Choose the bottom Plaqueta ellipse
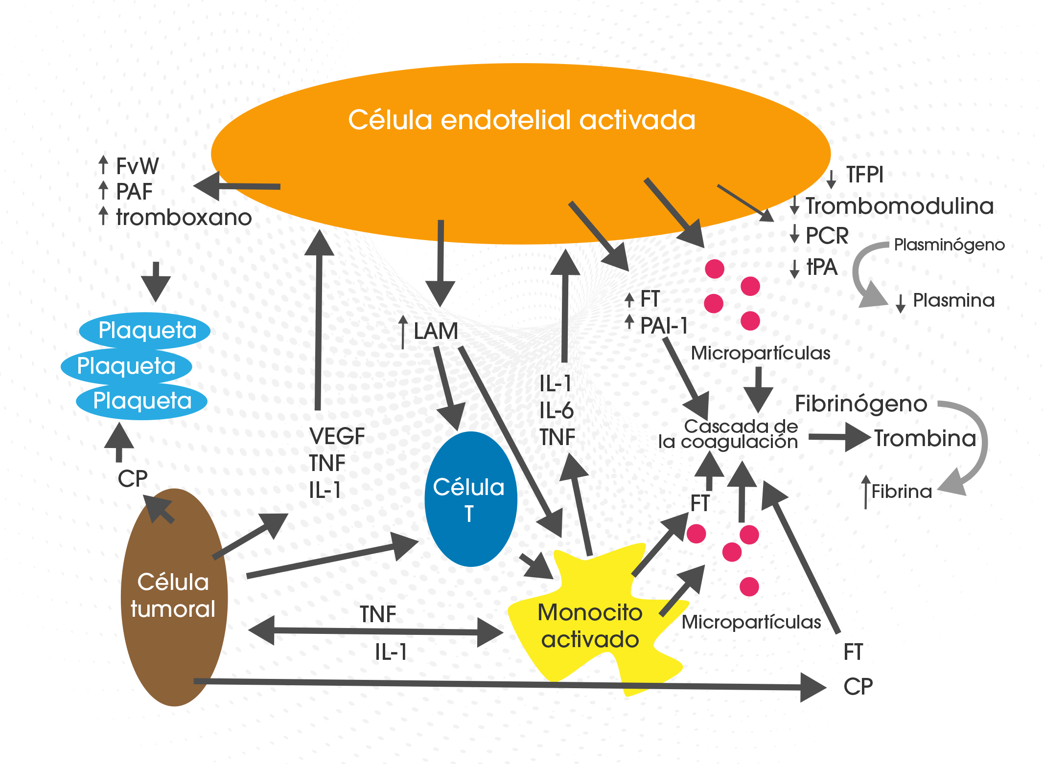[x=142, y=401]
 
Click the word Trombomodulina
[x=900, y=206]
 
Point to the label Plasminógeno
[x=949, y=245]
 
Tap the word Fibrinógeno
[x=860, y=404]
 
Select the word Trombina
[x=925, y=438]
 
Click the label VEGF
[x=337, y=436]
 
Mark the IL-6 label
[x=556, y=410]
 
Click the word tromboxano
[x=184, y=217]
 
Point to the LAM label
[x=436, y=331]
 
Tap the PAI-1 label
[x=664, y=325]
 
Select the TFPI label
[x=865, y=175]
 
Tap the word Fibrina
[x=901, y=491]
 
